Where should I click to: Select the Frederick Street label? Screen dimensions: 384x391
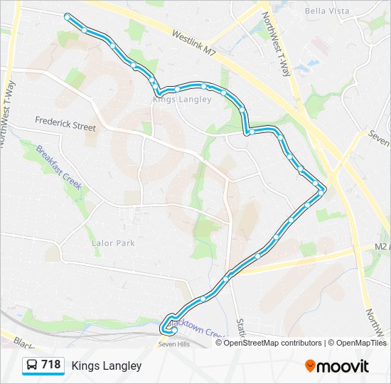pyautogui.click(x=65, y=126)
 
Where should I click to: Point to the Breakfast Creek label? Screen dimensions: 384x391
pyautogui.click(x=60, y=172)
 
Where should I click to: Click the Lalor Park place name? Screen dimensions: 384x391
pyautogui.click(x=113, y=242)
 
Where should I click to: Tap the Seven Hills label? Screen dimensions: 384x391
pyautogui.click(x=173, y=345)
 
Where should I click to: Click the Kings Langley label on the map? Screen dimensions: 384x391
pyautogui.click(x=182, y=100)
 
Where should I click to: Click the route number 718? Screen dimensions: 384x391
pyautogui.click(x=50, y=365)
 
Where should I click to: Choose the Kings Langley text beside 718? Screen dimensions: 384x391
pyautogui.click(x=107, y=366)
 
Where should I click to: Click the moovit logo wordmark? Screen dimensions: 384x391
pyautogui.click(x=343, y=366)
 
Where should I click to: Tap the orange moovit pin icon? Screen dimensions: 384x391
pyautogui.click(x=310, y=366)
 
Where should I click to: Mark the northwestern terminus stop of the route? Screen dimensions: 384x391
pyautogui.click(x=68, y=16)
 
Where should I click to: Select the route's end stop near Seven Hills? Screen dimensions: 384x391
pyautogui.click(x=173, y=329)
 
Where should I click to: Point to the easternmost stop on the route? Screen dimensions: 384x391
pyautogui.click(x=322, y=191)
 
